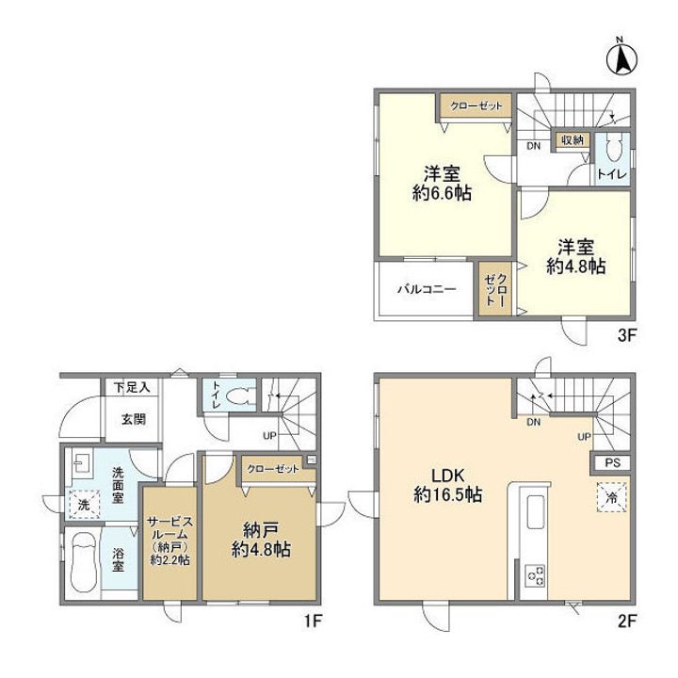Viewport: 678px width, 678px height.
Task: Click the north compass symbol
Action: pyautogui.click(x=621, y=58)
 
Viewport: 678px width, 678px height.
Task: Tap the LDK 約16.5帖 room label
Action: pyautogui.click(x=448, y=485)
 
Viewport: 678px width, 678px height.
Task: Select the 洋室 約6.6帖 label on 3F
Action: pyautogui.click(x=442, y=184)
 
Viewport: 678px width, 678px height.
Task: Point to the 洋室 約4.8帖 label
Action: pyautogui.click(x=575, y=257)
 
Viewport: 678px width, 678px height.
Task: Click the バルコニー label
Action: pyautogui.click(x=427, y=288)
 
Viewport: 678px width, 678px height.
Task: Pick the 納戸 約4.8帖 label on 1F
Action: pyautogui.click(x=261, y=540)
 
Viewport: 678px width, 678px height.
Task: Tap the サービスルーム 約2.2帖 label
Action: pyautogui.click(x=169, y=541)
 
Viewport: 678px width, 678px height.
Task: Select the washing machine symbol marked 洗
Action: pyautogui.click(x=84, y=504)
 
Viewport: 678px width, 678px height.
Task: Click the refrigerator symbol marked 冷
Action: pyautogui.click(x=612, y=497)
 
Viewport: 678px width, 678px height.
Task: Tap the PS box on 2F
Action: pyautogui.click(x=612, y=462)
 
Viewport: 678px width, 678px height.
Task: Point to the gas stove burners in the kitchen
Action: pyautogui.click(x=535, y=576)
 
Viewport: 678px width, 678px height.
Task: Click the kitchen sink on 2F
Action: pyautogui.click(x=536, y=512)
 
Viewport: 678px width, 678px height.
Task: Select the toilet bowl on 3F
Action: pyautogui.click(x=613, y=148)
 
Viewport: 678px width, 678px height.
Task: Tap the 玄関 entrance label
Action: pyautogui.click(x=133, y=418)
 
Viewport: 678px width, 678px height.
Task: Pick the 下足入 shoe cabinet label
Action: pyautogui.click(x=132, y=387)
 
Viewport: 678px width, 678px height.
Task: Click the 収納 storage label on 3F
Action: pyautogui.click(x=573, y=139)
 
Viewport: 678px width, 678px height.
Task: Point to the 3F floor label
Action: pyautogui.click(x=626, y=336)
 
